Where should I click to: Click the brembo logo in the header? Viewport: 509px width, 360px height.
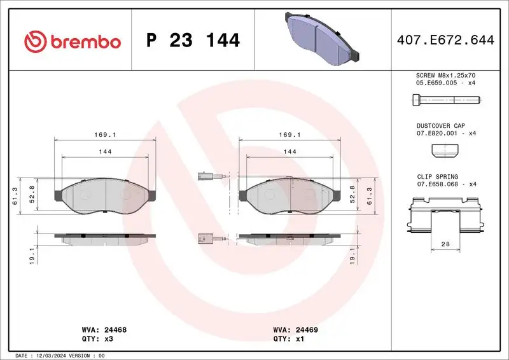pyautogui.click(x=72, y=42)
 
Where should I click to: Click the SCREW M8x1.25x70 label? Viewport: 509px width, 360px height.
pyautogui.click(x=445, y=75)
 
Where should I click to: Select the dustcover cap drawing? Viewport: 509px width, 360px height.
pyautogui.click(x=445, y=150)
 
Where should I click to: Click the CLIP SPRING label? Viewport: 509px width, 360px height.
pyautogui.click(x=437, y=177)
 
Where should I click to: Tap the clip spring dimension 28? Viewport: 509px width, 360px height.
pyautogui.click(x=445, y=244)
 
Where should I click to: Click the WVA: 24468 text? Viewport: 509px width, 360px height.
pyautogui.click(x=105, y=330)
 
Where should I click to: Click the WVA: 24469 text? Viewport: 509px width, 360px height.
pyautogui.click(x=296, y=330)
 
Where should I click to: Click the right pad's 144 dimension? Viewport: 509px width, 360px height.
pyautogui.click(x=290, y=151)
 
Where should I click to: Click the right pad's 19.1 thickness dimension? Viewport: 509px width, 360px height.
pyautogui.click(x=370, y=256)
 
